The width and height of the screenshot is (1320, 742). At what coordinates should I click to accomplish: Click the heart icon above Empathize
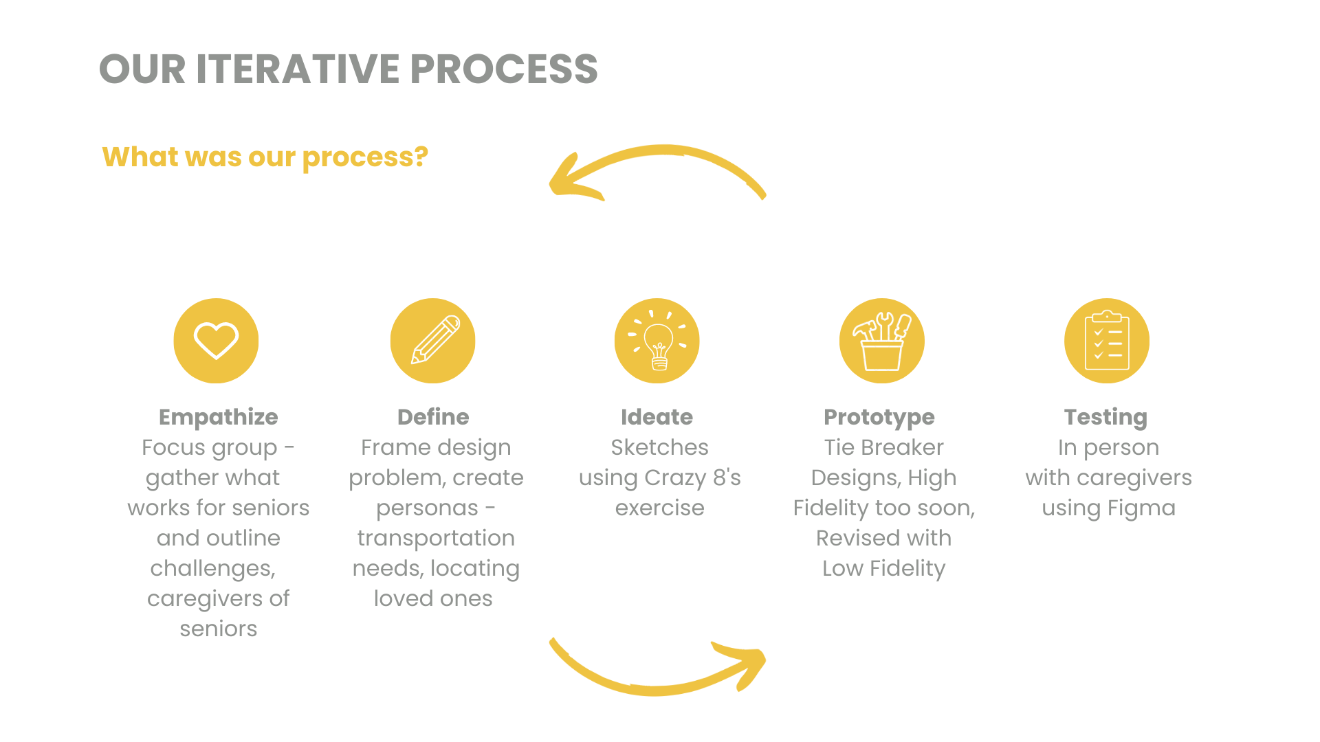click(x=216, y=341)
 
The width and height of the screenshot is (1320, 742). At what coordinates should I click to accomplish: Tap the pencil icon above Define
click(x=433, y=341)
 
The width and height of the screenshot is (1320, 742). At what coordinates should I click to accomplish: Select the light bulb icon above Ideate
click(x=657, y=341)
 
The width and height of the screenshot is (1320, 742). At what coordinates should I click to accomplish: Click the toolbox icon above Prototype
click(x=882, y=341)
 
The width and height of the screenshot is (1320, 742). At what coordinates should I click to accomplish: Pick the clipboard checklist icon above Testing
click(x=1107, y=341)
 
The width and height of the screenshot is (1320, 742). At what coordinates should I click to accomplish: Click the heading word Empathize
click(x=219, y=417)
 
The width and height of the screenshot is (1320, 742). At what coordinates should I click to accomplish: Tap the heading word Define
click(x=433, y=417)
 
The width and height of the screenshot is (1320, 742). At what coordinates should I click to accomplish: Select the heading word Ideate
click(x=657, y=417)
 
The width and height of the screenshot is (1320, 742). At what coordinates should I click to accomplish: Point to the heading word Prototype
click(x=879, y=418)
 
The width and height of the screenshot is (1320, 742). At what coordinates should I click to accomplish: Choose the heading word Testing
click(x=1105, y=418)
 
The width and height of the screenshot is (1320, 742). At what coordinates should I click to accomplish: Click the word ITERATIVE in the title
click(x=298, y=69)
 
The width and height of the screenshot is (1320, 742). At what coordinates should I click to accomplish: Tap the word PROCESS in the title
click(x=504, y=69)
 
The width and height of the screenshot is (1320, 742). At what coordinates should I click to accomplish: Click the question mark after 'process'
click(x=421, y=157)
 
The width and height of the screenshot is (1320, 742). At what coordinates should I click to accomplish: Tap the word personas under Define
click(x=427, y=508)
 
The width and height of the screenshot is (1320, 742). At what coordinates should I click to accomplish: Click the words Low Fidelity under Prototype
click(x=884, y=569)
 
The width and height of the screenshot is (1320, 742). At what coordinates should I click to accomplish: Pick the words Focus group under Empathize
click(x=210, y=448)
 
